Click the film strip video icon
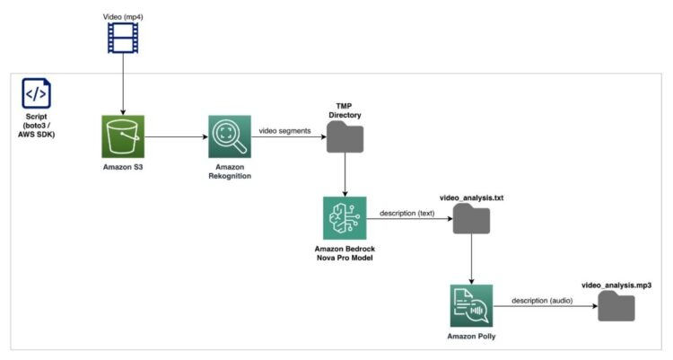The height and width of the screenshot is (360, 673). point(120,38)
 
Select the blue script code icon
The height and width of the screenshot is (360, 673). point(37,93)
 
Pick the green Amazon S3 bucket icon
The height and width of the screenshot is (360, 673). point(123,136)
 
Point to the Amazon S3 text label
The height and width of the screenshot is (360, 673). point(123,168)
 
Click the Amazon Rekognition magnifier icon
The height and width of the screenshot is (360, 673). point(230,136)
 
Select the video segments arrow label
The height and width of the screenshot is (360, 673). point(284,130)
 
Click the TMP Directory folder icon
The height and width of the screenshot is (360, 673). point(345,137)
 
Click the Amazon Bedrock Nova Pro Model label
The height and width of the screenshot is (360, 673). point(345,252)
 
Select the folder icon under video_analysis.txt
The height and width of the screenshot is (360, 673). point(471,219)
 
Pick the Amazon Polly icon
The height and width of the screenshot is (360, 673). point(471,305)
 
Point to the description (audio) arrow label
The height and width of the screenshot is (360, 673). point(545,299)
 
